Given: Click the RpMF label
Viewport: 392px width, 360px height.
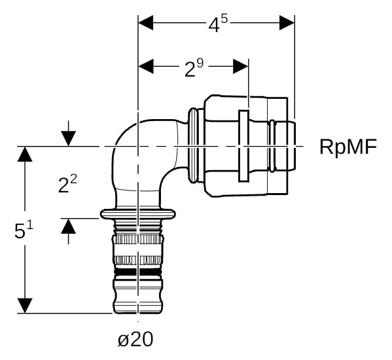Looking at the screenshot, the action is point(348,147).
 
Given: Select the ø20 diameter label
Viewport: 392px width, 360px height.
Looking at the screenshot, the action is point(135,339).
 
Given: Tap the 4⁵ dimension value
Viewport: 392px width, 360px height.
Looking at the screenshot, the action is point(218,24).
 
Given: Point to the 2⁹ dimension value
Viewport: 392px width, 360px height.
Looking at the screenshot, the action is point(194,68).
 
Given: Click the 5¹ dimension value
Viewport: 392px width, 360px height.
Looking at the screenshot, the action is point(24,230).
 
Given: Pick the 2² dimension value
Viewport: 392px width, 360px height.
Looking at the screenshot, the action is point(67,184).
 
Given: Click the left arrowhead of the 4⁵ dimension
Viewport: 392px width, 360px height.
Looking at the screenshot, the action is point(146,23).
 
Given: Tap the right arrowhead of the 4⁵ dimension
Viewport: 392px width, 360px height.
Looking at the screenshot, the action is point(287,23).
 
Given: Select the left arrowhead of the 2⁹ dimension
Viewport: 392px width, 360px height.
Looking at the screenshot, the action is point(146,67).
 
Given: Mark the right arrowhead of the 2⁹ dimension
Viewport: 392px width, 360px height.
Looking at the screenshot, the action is point(241,67).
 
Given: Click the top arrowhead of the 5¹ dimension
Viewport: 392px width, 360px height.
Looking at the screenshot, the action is point(25,154).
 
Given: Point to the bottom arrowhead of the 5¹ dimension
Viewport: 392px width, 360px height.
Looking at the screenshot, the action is point(25,306).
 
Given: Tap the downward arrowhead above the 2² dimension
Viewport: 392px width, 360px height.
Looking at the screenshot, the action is point(69,139).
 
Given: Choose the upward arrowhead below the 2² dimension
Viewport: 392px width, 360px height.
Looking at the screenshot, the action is point(69,226).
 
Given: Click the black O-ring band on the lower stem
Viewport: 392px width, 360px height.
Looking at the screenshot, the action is point(137,272).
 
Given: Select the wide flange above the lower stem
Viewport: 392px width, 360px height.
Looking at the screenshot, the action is point(137,214).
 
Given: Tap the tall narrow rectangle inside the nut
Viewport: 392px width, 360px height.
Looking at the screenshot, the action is point(243,146).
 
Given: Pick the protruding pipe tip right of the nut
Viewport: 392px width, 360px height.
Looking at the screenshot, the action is point(291,147).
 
